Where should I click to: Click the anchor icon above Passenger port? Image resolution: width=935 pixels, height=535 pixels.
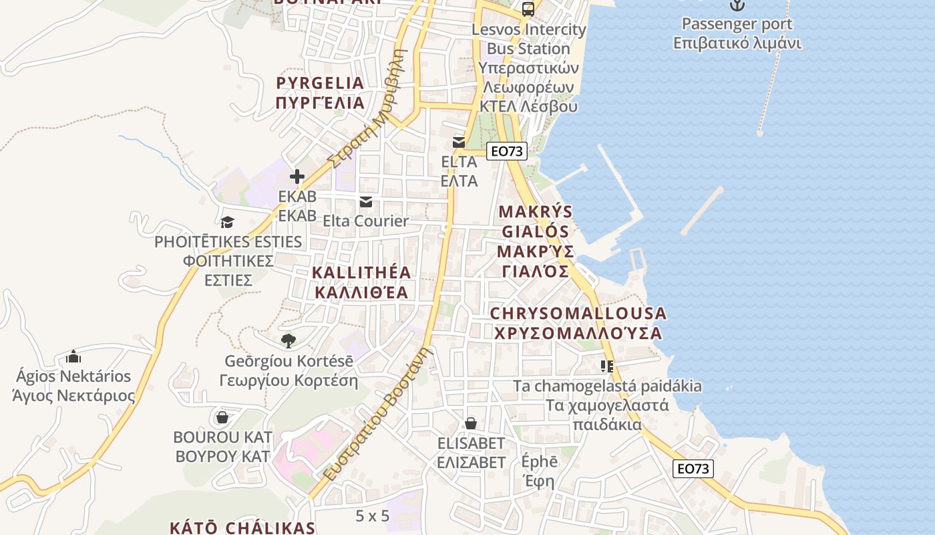point(737,5)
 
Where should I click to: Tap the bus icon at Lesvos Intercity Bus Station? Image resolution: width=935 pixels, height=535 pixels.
point(528,9)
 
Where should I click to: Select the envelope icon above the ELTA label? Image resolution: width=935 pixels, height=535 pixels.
point(459,142)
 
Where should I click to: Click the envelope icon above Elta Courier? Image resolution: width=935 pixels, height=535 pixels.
point(365,202)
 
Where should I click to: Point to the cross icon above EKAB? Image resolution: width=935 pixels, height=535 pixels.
point(297,177)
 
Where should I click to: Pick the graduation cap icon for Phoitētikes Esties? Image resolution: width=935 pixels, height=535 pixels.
point(228,222)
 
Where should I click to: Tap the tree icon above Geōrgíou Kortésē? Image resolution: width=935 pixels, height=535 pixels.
point(288,341)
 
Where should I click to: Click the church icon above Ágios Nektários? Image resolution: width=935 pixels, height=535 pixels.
point(73,356)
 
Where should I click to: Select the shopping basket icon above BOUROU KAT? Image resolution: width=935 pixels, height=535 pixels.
point(222,418)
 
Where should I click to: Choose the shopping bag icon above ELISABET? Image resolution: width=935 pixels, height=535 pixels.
point(471,423)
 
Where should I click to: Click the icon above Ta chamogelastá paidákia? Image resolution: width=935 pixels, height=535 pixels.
point(606,366)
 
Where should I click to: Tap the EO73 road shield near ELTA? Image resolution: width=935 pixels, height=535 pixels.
point(506,151)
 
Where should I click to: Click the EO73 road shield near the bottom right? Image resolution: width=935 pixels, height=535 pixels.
point(693,469)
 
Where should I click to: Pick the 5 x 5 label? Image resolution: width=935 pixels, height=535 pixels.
point(372,516)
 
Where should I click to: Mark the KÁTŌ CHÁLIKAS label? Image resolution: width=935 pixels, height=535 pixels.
point(242,527)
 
